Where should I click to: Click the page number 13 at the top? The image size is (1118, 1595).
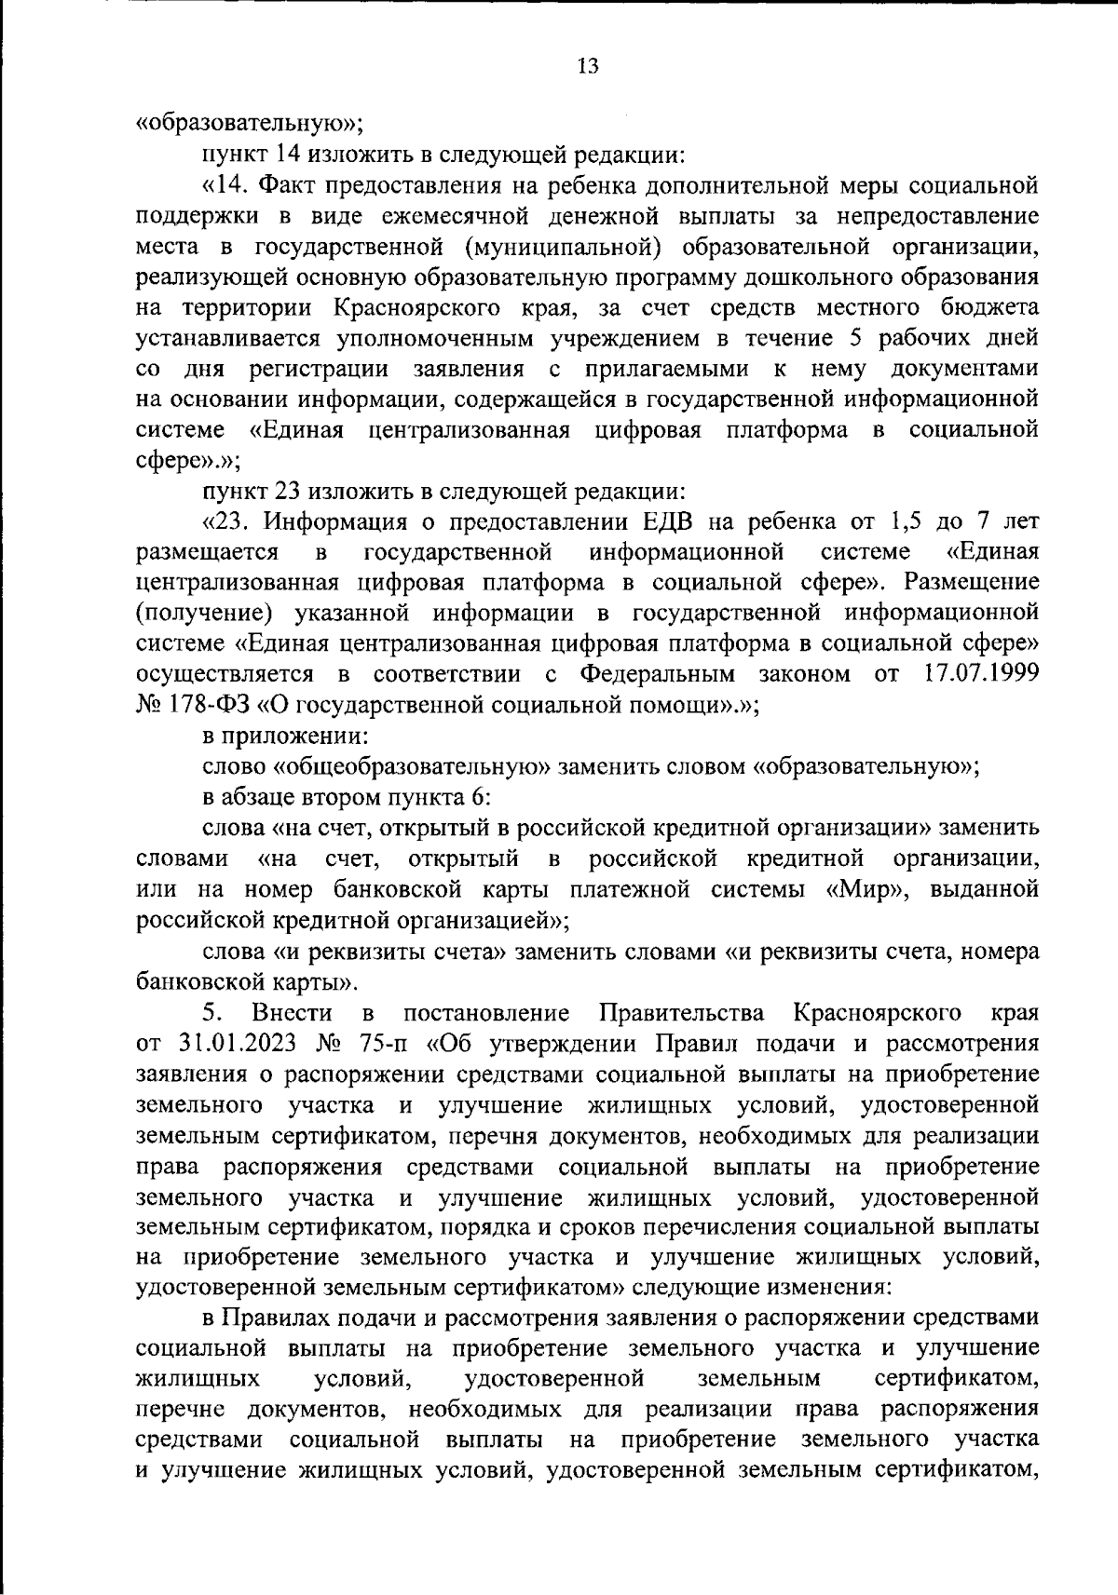587,65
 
